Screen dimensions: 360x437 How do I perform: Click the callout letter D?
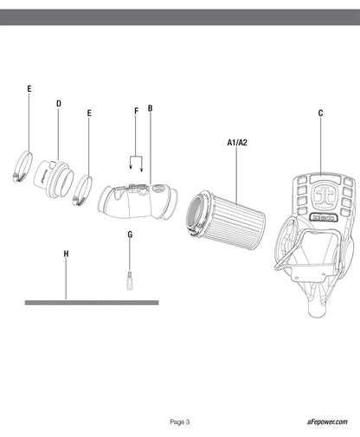[x=59, y=104]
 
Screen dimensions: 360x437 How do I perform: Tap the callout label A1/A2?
[x=237, y=143]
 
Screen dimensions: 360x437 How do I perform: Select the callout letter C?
[x=320, y=113]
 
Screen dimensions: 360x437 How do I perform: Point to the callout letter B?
[x=150, y=108]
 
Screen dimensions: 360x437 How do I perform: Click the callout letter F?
[x=137, y=111]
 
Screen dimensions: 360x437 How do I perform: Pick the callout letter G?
[x=130, y=235]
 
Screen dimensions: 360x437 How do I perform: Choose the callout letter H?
[x=66, y=254]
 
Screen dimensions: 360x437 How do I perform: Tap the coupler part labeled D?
[x=54, y=180]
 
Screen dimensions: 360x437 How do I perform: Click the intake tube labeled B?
[x=138, y=201]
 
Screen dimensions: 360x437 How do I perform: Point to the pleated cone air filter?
[x=225, y=220]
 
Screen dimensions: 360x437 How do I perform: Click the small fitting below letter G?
[x=130, y=280]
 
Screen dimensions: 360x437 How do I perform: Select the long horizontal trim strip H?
[x=92, y=303]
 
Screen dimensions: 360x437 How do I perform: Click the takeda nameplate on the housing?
[x=324, y=217]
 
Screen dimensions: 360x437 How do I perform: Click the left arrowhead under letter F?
[x=131, y=166]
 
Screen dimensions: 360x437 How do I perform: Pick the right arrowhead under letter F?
[x=141, y=170]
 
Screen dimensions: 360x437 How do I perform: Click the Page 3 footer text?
[x=180, y=422]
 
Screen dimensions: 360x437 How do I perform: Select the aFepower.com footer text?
[x=327, y=421]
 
